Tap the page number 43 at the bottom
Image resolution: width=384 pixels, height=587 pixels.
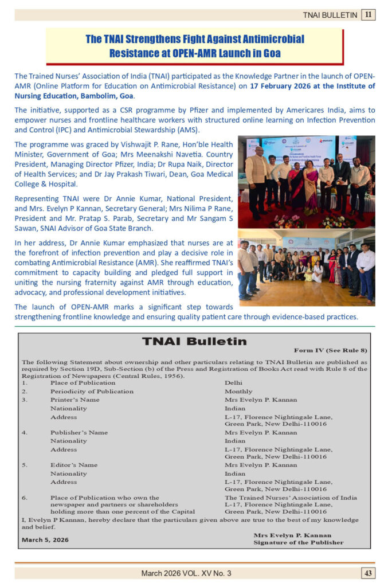click(x=368, y=573)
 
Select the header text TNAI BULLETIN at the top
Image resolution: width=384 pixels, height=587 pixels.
click(x=330, y=15)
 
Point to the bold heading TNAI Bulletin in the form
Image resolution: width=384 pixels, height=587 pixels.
click(x=194, y=342)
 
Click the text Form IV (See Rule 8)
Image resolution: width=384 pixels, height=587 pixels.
click(x=330, y=350)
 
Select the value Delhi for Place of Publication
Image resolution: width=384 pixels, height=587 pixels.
click(x=234, y=383)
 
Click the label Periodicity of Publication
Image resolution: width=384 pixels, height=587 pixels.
click(x=92, y=392)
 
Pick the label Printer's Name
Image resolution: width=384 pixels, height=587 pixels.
click(x=75, y=400)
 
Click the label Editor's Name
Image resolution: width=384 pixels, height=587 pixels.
click(x=74, y=465)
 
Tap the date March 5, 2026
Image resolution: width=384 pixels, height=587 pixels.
click(x=45, y=539)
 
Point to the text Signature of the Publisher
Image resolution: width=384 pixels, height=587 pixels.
click(x=299, y=542)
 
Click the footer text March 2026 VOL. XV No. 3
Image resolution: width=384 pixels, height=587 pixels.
click(x=186, y=573)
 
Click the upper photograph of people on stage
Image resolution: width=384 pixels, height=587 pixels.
click(x=306, y=182)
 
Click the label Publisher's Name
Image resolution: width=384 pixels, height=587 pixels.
click(x=79, y=432)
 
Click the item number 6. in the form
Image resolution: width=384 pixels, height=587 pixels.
click(x=25, y=498)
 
